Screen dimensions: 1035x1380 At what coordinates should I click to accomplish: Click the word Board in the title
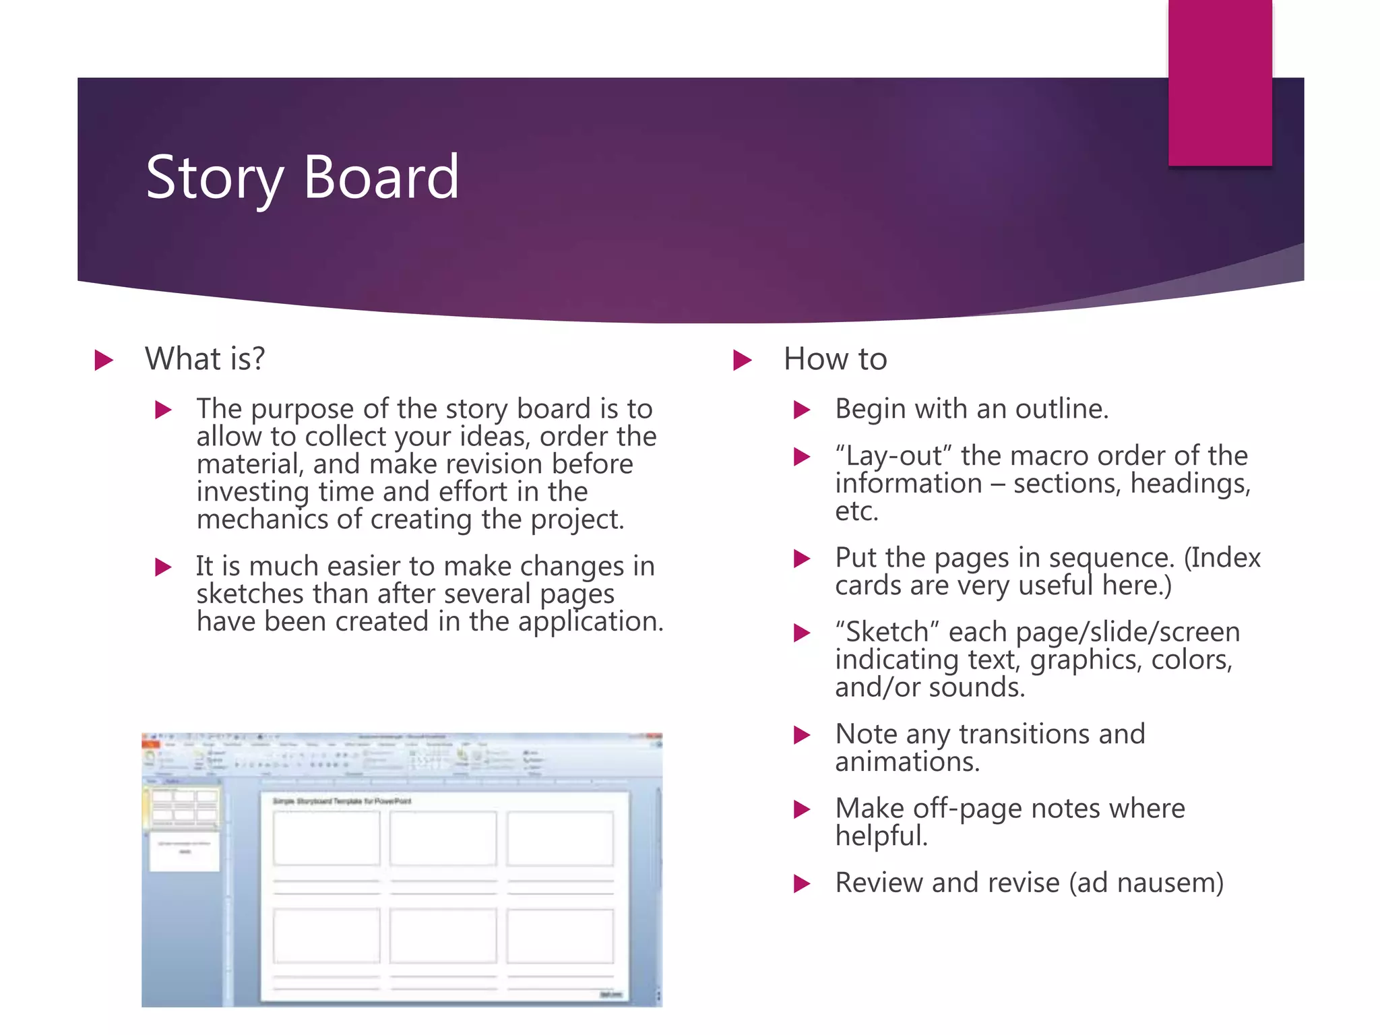tap(381, 177)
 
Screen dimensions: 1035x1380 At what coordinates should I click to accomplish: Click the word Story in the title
tap(214, 178)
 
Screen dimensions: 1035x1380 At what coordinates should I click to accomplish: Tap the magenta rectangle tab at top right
tap(1220, 82)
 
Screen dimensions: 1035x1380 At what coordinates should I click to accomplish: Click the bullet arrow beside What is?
tap(103, 360)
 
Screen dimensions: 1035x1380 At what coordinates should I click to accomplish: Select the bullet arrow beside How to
tap(742, 360)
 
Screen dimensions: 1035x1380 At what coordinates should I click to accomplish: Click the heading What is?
tap(205, 358)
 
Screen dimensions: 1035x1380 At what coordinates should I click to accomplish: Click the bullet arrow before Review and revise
tap(801, 883)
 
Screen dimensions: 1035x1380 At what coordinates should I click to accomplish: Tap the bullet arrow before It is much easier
tap(163, 567)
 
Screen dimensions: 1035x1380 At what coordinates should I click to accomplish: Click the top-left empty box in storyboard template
tap(326, 838)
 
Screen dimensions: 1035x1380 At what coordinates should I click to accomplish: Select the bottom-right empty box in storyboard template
tap(560, 936)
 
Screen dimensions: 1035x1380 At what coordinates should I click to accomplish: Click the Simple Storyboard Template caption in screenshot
tap(342, 801)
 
